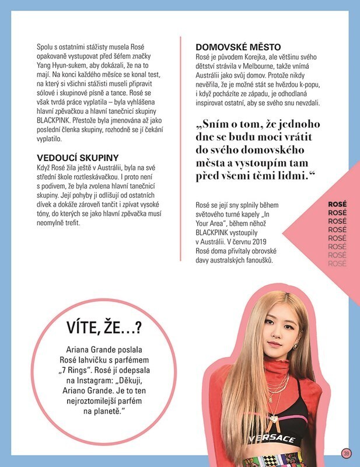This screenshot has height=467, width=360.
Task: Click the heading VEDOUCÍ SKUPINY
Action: point(78,158)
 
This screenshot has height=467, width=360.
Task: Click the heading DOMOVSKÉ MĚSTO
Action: point(238,46)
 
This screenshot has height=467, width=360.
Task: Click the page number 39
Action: point(345,452)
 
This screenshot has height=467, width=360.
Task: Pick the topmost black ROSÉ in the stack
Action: point(337,205)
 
